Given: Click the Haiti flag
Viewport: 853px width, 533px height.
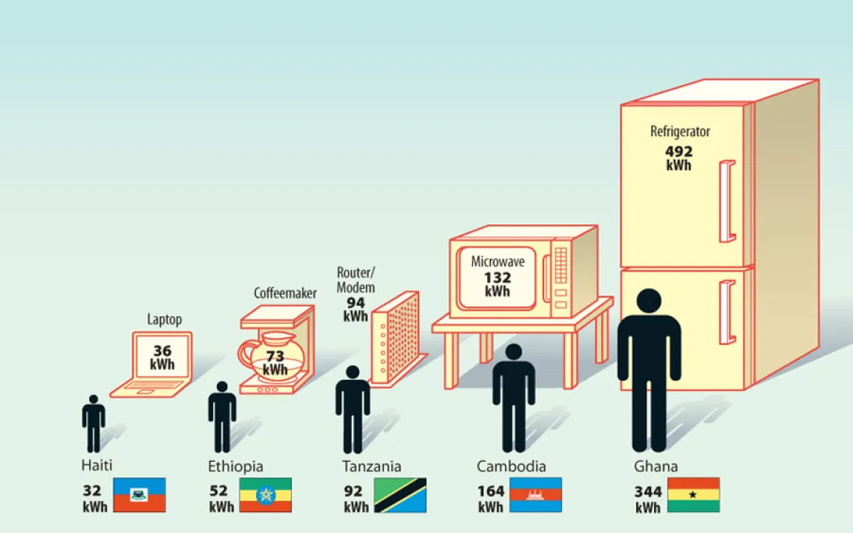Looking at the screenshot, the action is (x=139, y=495).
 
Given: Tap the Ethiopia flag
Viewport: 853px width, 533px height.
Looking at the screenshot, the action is (x=266, y=495).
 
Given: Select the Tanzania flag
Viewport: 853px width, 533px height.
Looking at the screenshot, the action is (x=400, y=495).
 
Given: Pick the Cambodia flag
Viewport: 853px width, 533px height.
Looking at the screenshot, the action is (x=535, y=495).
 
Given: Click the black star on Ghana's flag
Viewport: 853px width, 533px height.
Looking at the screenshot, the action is (x=693, y=495).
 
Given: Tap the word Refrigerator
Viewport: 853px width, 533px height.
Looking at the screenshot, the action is (x=680, y=132).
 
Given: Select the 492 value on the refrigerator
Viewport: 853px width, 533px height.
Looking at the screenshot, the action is (x=679, y=151).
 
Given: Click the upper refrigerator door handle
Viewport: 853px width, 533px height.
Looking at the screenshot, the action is (x=727, y=201).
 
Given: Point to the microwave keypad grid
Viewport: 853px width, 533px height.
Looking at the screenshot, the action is (x=560, y=265).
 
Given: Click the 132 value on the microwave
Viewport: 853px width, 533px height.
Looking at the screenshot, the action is (x=498, y=277).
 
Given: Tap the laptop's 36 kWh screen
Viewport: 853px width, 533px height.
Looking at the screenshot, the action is (x=162, y=357).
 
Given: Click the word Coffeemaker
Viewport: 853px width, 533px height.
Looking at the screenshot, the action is (x=285, y=293).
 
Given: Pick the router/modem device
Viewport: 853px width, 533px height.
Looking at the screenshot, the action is (x=396, y=339).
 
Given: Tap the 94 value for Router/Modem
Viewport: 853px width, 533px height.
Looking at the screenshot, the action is (x=355, y=303).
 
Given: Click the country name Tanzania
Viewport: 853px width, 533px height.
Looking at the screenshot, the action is (x=372, y=466).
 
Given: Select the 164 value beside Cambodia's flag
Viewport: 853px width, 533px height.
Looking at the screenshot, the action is (x=491, y=491).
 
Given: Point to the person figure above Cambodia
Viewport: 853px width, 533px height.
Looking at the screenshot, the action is (x=513, y=398).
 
